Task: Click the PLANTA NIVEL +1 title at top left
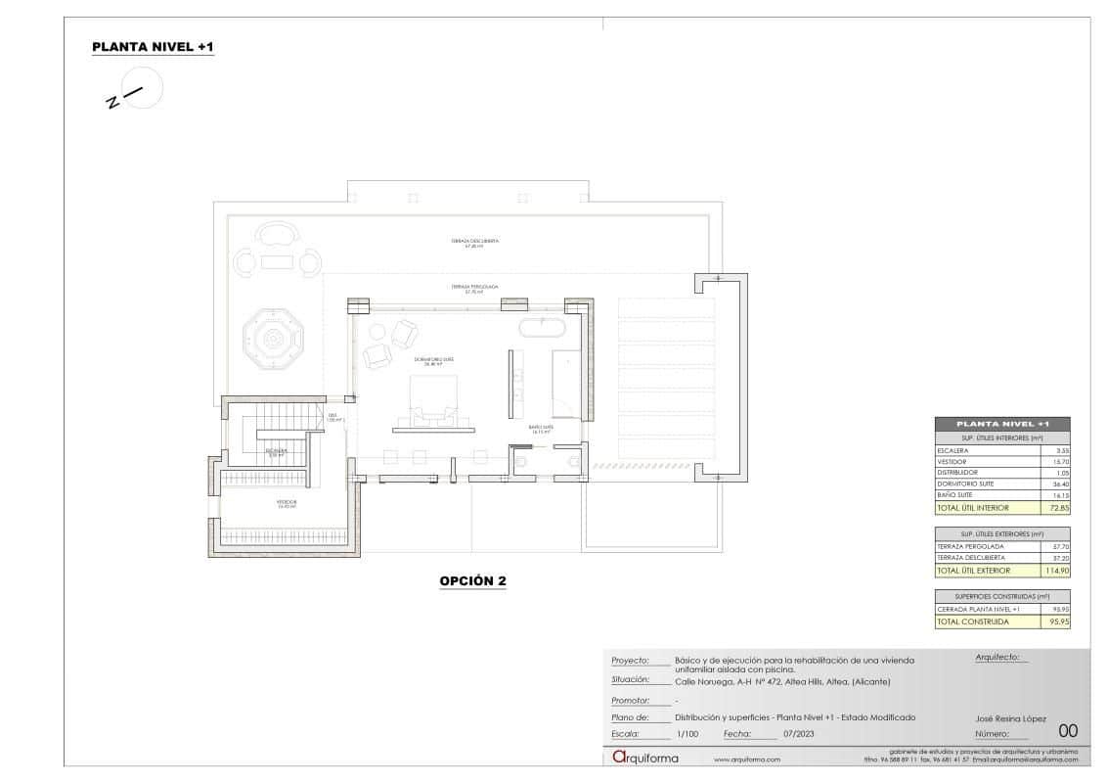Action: click(x=153, y=47)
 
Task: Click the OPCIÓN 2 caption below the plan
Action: click(x=472, y=580)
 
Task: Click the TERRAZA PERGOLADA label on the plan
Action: click(x=475, y=289)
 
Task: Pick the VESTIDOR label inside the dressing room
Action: click(x=287, y=502)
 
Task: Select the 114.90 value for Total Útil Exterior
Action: click(x=1054, y=570)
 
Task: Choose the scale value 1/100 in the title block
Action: click(x=686, y=733)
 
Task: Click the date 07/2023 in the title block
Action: click(x=797, y=733)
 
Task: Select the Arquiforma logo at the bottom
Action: click(x=644, y=758)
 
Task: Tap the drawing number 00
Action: click(x=1068, y=730)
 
